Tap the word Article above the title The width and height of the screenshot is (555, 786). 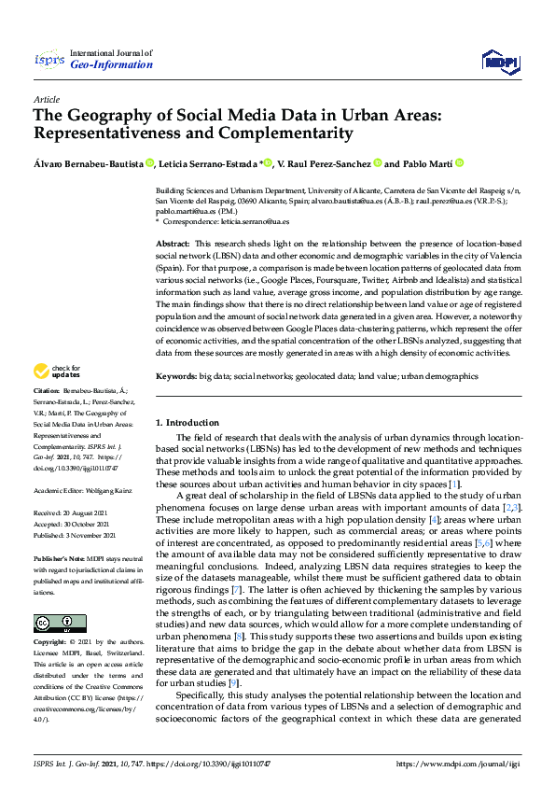click(x=46, y=99)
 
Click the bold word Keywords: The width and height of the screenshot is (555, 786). click(x=176, y=376)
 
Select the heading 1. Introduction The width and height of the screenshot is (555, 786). click(x=187, y=423)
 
